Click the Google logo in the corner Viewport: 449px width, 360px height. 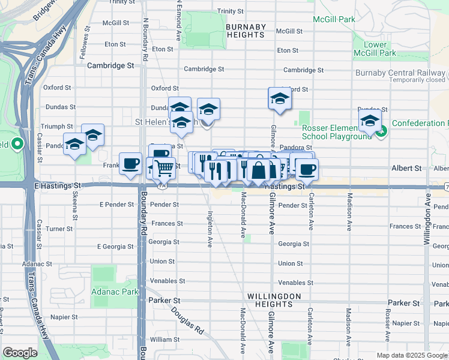(20, 353)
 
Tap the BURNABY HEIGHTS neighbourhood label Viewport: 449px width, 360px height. (245, 31)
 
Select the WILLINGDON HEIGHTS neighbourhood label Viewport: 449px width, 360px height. (270, 300)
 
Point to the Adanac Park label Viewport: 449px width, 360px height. (115, 292)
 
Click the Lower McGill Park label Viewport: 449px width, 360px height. (379, 49)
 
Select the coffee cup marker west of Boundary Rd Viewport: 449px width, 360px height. (130, 163)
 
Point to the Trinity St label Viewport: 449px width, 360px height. (229, 11)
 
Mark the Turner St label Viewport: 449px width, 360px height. (59, 229)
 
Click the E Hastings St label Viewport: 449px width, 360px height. (58, 187)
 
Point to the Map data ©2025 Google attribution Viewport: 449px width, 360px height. (412, 355)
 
